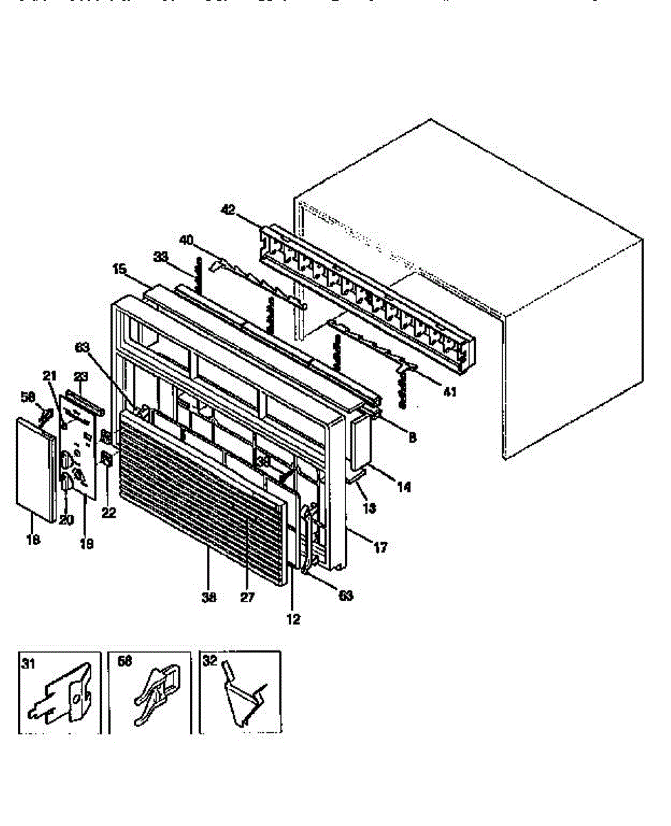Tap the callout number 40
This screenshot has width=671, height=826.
(187, 240)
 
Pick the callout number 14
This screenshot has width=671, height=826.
(404, 487)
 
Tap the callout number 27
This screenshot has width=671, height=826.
(247, 597)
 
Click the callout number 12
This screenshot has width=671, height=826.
(294, 619)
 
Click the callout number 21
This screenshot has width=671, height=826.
(50, 375)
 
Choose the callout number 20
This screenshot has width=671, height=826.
(66, 520)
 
